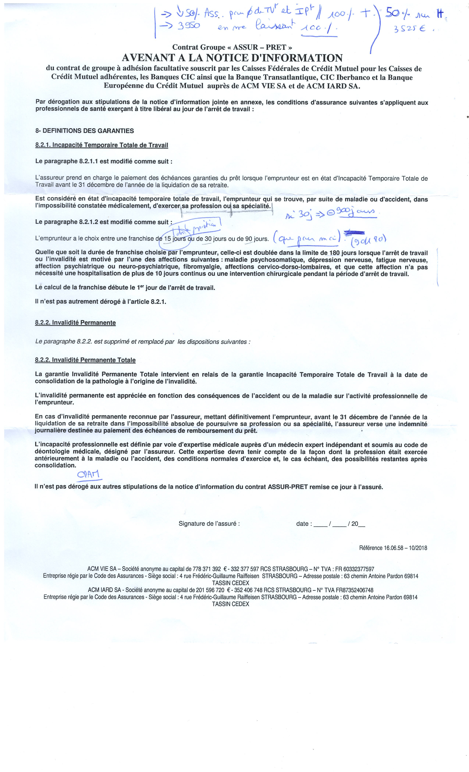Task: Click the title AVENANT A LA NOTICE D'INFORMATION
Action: [x=232, y=58]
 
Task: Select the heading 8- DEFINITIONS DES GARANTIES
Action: [x=84, y=131]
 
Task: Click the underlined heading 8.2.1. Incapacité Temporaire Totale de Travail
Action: [x=102, y=145]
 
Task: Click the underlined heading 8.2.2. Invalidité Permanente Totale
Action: [x=85, y=360]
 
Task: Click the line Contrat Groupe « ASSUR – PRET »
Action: [x=232, y=47]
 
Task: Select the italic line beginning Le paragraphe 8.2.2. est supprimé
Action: [x=143, y=342]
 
